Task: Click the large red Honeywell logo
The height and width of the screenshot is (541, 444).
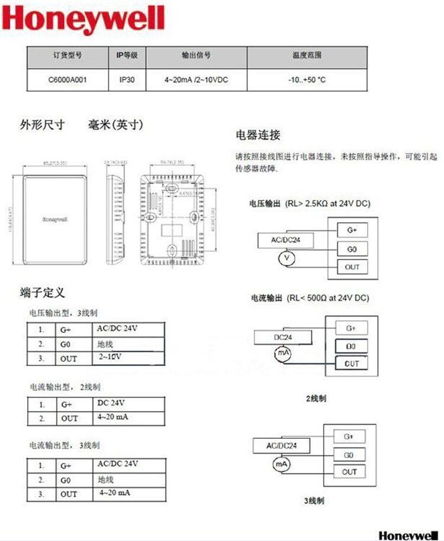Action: tap(83, 20)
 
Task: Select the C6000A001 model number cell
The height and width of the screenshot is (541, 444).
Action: tap(67, 80)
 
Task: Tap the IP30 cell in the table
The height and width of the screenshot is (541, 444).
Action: tap(127, 80)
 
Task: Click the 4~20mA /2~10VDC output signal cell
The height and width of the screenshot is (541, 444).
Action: tap(196, 80)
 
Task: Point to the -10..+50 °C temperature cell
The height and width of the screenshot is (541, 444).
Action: tap(307, 80)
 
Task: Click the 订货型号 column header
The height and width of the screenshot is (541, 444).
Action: tap(67, 56)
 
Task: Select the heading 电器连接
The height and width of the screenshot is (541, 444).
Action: tap(258, 135)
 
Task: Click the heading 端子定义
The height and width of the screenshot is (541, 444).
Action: tap(42, 292)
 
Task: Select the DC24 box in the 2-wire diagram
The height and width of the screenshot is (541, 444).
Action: tap(281, 336)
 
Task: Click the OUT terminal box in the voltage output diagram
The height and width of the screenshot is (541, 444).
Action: tap(352, 267)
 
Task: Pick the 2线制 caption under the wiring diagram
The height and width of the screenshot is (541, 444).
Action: tap(316, 399)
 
